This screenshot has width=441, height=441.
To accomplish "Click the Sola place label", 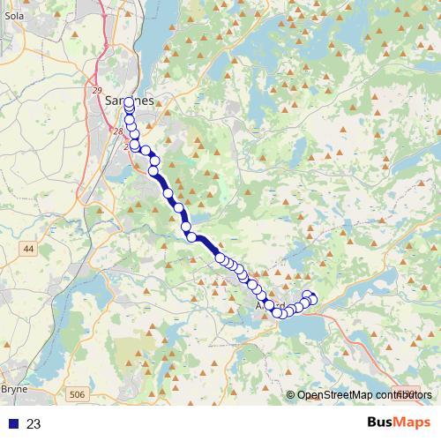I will pos(12,16).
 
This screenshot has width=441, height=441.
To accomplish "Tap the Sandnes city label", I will pos(130,101).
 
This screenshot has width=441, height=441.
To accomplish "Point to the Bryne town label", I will pos(14,387).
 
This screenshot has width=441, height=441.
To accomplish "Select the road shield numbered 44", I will pos(28,250).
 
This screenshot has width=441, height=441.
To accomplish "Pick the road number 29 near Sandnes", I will pos(98,89).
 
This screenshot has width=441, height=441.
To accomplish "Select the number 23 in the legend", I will pos(34,423).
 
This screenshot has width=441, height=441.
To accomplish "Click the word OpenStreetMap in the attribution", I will pos(335,395).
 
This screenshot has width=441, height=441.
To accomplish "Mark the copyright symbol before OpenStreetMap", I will pos(292,395).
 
